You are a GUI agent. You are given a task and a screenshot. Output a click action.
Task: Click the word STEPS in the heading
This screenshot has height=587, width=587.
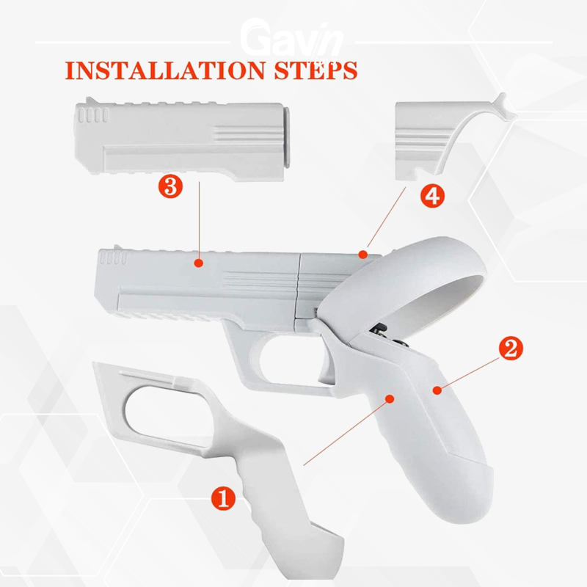coord(316,70)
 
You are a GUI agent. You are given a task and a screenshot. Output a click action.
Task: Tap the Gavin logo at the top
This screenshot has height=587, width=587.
coord(291,38)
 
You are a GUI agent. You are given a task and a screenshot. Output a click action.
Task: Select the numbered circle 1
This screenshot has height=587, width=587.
coord(224,498)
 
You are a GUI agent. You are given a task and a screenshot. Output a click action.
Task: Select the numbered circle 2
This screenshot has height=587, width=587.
coord(511,348)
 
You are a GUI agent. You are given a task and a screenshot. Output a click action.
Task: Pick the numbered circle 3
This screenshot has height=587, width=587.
coord(170,186)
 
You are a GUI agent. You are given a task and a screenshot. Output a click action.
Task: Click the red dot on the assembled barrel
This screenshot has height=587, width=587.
coord(199,263)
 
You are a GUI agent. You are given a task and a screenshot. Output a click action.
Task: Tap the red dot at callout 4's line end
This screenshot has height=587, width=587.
coord(362,255)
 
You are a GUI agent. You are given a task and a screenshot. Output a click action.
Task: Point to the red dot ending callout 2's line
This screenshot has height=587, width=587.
coord(437,390)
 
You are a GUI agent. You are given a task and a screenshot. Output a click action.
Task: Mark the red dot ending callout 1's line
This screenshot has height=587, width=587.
coord(390,398)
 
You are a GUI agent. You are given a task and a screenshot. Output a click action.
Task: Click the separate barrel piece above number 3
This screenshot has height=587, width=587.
coord(182,139)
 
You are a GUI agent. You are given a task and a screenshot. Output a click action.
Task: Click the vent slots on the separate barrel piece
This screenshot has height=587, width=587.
coord(93,115)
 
